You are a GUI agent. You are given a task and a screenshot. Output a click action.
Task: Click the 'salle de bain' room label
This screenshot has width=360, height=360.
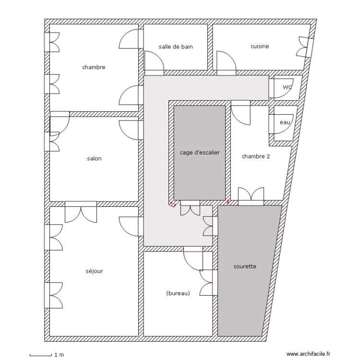pyautogui.click(x=176, y=47)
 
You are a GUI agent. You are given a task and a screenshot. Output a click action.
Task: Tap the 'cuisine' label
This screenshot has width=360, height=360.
pyautogui.click(x=260, y=46)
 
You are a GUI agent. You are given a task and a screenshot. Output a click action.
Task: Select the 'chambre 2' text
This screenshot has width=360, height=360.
pyautogui.click(x=256, y=156)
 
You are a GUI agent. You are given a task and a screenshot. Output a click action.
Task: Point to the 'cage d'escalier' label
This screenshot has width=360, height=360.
pyautogui.click(x=200, y=153)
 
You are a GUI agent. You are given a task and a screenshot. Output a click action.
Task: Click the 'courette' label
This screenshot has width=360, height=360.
pyautogui.click(x=245, y=266)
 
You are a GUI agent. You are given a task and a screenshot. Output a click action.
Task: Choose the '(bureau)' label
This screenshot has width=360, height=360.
pyautogui.click(x=178, y=293)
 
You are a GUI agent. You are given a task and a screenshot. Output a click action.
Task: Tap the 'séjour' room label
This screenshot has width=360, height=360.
pyautogui.click(x=94, y=271)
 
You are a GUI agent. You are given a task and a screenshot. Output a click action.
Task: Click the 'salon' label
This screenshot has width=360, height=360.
pyautogui.click(x=94, y=158)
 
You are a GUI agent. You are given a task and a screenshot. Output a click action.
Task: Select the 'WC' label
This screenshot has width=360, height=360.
pyautogui.click(x=288, y=87)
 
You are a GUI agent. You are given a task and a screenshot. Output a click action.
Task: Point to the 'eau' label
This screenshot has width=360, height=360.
pyautogui.click(x=285, y=122)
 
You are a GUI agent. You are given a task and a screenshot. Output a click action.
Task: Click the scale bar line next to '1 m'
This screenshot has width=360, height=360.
pyautogui.click(x=41, y=355)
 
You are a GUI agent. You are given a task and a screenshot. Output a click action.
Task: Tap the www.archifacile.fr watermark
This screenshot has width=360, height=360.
pyautogui.click(x=308, y=354)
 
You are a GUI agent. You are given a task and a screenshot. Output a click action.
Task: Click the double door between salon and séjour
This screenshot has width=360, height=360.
pyautogui.click(x=81, y=212)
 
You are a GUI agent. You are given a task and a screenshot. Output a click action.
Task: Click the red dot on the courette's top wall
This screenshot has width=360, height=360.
pyautogui.click(x=228, y=202)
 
